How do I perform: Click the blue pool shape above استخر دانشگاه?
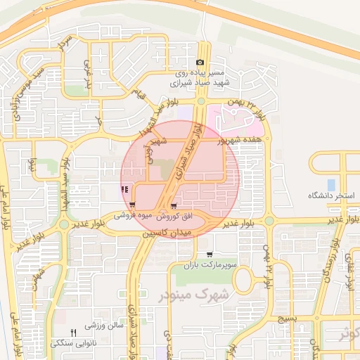tap(331, 185)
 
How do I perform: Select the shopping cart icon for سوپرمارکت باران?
tap(209, 254)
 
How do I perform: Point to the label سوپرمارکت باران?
tap(218, 264)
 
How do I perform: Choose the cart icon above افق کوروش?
tap(174, 206)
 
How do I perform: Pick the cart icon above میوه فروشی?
tap(132, 206)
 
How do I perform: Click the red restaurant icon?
tap(124, 189)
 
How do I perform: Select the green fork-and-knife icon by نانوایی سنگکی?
tap(72, 332)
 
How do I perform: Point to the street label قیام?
tap(141, 93)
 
